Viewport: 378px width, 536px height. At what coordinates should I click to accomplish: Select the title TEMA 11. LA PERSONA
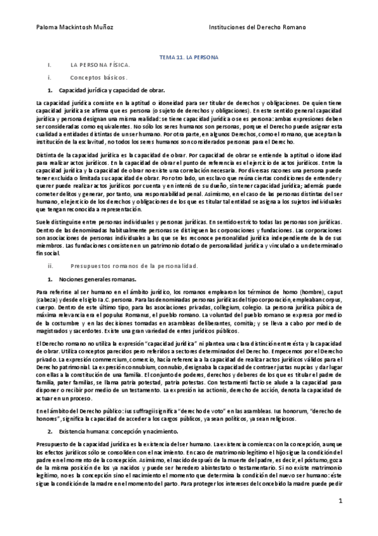coord(188,58)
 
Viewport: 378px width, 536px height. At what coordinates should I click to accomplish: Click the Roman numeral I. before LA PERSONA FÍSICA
coord(49,65)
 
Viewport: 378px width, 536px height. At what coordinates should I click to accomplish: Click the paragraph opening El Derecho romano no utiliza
coord(69,342)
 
